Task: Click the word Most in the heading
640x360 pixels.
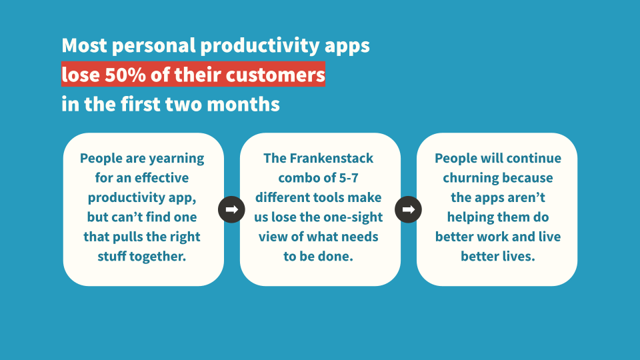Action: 84,45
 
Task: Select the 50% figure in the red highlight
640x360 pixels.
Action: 125,75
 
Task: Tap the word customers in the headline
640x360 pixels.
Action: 275,75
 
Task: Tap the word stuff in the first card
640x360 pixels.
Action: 111,256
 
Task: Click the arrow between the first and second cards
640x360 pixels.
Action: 231,209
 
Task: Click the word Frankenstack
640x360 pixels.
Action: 331,158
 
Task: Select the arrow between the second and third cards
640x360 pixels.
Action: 408,209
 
